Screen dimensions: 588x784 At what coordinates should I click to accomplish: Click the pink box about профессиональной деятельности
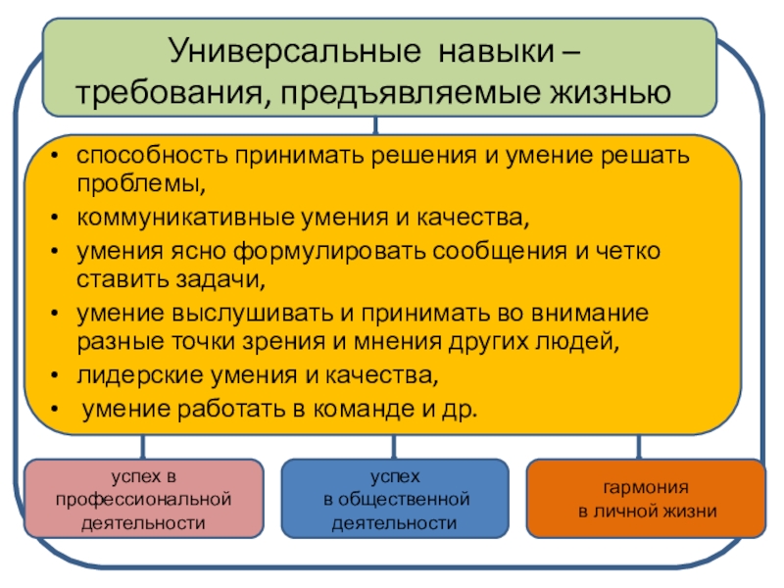point(144,499)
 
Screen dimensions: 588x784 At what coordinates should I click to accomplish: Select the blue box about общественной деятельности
point(395,499)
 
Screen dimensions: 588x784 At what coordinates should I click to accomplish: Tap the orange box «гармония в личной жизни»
point(647,499)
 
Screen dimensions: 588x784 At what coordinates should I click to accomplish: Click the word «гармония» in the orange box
point(647,487)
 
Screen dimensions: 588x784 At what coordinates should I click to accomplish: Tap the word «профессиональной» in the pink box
point(144,500)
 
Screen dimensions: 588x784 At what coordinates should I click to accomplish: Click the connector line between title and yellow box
point(375,125)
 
